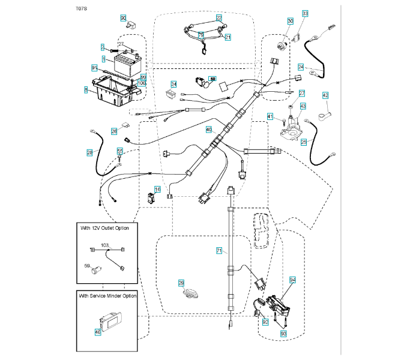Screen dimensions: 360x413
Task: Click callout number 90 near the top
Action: (x=124, y=18)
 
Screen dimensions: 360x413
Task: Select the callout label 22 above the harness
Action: (x=219, y=19)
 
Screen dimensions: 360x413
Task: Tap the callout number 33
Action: (x=306, y=13)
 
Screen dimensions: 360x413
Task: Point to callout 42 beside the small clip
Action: (x=325, y=95)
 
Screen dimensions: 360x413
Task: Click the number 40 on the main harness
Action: (x=209, y=129)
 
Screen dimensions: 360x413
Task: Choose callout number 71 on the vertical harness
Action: (x=219, y=249)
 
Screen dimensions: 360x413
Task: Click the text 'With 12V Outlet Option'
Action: (x=105, y=228)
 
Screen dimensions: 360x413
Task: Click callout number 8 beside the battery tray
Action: (x=86, y=90)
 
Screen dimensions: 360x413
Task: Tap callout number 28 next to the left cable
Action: (x=89, y=152)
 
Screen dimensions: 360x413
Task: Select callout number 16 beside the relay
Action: (x=158, y=189)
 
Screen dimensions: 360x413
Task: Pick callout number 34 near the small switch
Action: (x=173, y=84)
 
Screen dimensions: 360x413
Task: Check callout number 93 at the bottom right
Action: (x=283, y=333)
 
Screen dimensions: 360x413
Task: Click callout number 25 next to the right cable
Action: (x=304, y=142)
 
